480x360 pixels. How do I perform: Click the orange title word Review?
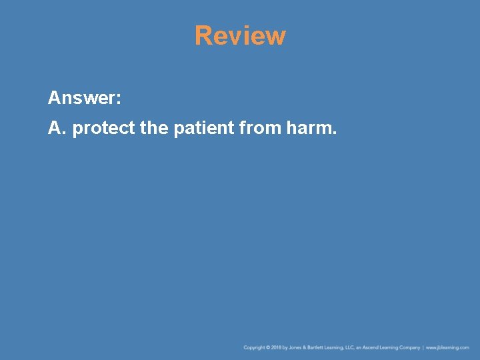[240, 36]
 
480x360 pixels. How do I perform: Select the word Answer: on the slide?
[84, 99]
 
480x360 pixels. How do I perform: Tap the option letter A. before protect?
[57, 127]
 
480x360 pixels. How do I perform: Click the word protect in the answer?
[103, 128]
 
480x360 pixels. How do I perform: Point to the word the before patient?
[155, 127]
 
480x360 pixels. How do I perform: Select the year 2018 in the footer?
[277, 347]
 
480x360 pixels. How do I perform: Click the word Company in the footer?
[409, 347]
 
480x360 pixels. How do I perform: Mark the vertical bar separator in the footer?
[423, 347]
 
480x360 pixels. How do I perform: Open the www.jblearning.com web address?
[447, 347]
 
